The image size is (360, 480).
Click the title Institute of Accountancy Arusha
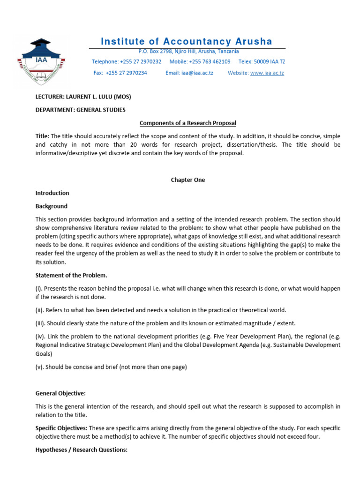click(x=187, y=41)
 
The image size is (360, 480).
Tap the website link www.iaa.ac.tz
click(x=267, y=73)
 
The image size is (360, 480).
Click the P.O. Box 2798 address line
click(x=188, y=51)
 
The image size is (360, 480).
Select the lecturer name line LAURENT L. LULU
click(x=83, y=97)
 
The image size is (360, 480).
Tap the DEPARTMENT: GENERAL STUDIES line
click(x=81, y=110)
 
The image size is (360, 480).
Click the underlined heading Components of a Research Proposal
click(x=188, y=123)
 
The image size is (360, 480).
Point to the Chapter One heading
click(x=188, y=180)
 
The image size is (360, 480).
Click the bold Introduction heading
click(x=52, y=193)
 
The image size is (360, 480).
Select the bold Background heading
click(x=52, y=206)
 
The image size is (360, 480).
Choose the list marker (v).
click(x=40, y=367)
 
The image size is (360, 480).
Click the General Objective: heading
click(x=61, y=393)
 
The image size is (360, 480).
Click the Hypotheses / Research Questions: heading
click(x=82, y=450)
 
